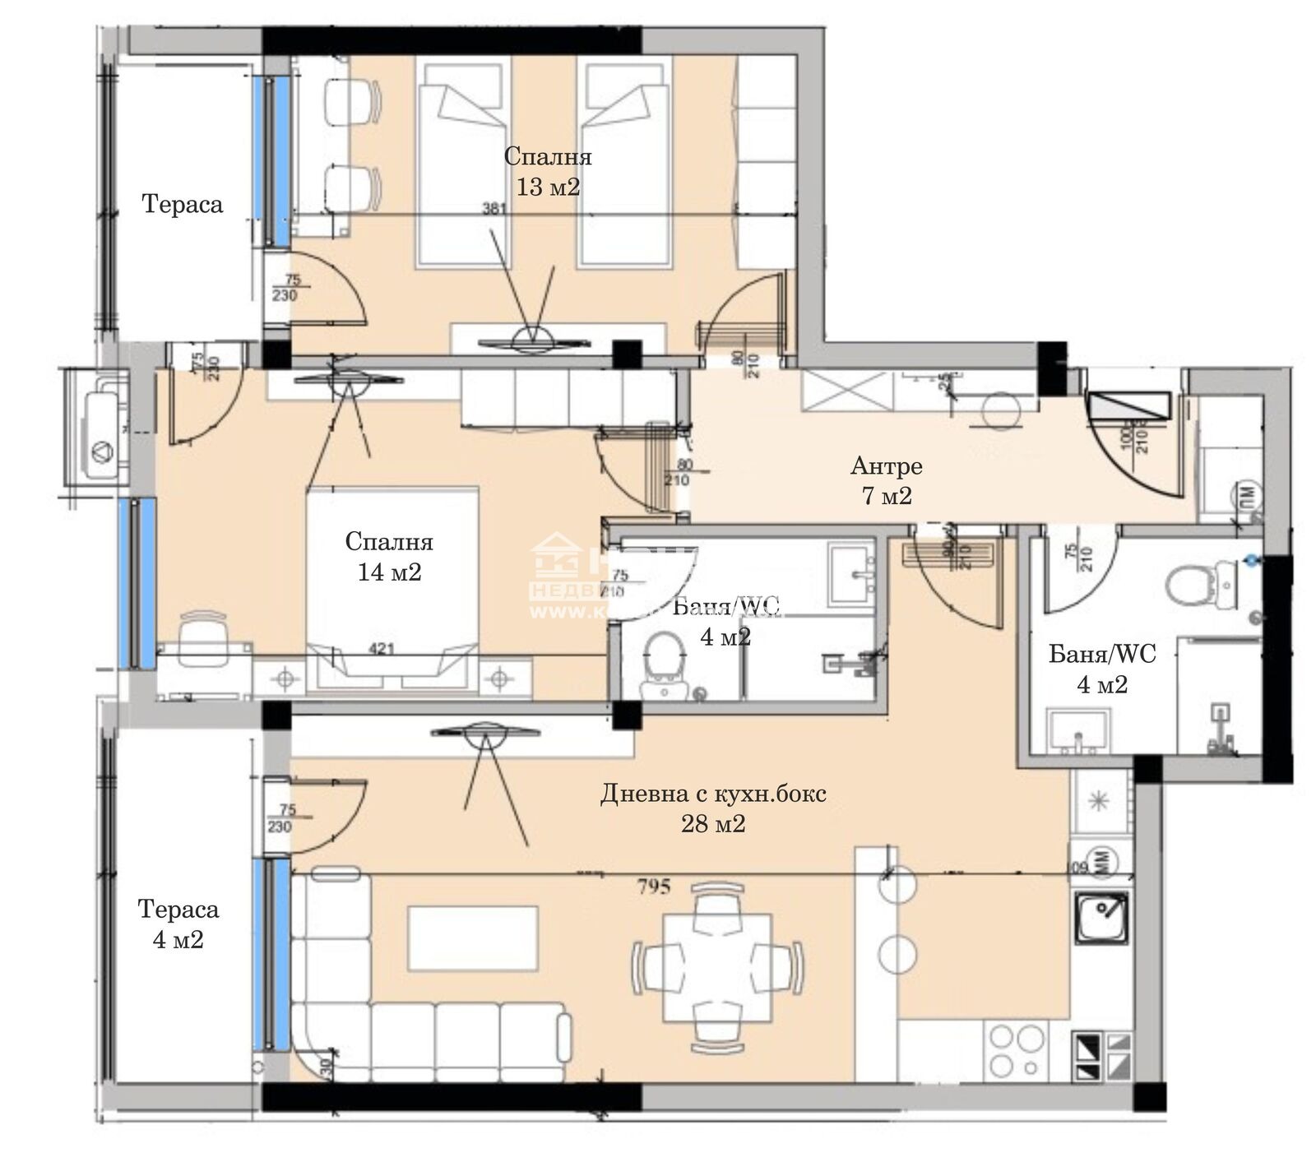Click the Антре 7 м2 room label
pyautogui.click(x=886, y=481)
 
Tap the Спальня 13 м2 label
pyautogui.click(x=548, y=171)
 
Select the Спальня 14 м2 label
pyautogui.click(x=389, y=557)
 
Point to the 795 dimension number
pyautogui.click(x=654, y=886)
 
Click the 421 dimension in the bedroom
pyautogui.click(x=382, y=649)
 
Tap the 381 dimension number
pyautogui.click(x=493, y=209)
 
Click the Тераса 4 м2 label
pyautogui.click(x=178, y=924)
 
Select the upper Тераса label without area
pyautogui.click(x=183, y=204)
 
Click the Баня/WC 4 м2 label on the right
pyautogui.click(x=1102, y=669)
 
